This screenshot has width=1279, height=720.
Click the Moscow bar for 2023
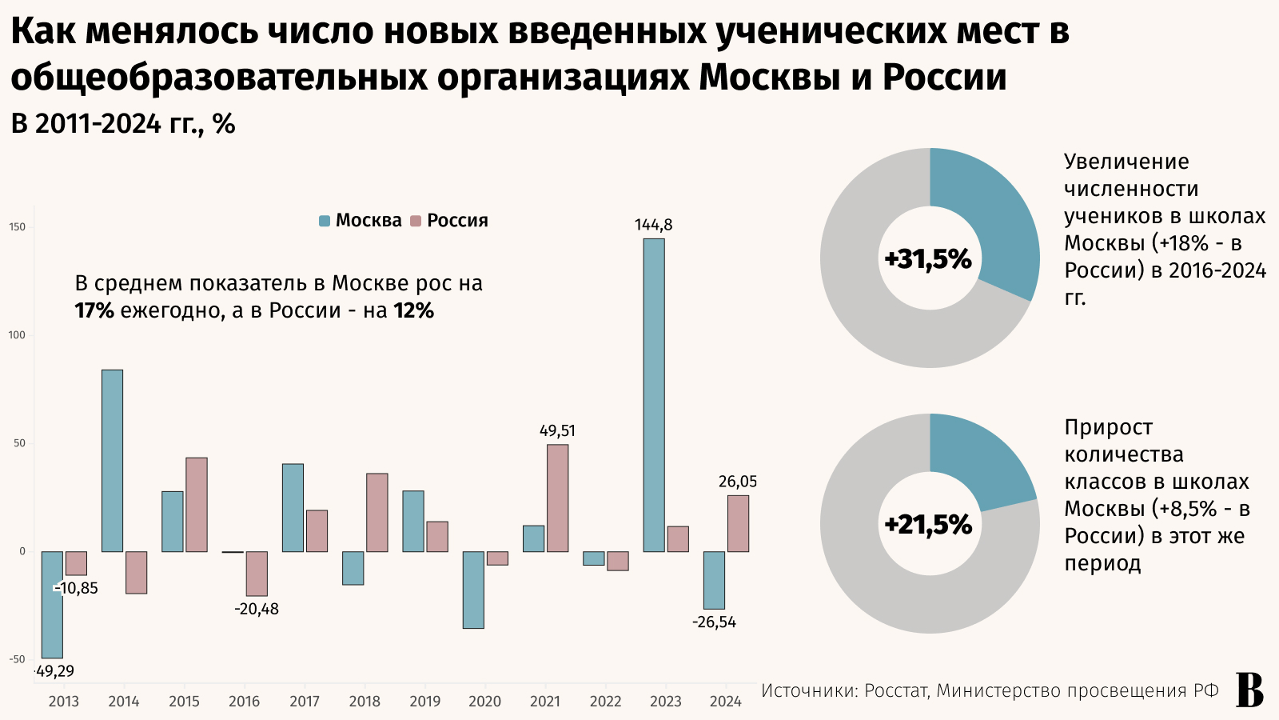654,395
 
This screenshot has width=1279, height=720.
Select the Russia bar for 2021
557,498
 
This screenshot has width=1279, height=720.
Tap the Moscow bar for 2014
113,460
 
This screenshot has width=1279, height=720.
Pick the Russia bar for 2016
257,574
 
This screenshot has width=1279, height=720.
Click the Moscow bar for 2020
473,590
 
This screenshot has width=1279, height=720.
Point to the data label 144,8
653,225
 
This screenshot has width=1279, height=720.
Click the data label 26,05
737,482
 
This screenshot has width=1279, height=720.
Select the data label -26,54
714,622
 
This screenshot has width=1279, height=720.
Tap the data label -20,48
257,609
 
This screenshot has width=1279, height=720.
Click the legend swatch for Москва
325,221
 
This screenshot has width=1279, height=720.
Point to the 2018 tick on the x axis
365,702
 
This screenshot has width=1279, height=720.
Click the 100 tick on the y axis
17,335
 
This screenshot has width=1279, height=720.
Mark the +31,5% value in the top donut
928,259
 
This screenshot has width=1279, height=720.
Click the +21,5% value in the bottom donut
928,525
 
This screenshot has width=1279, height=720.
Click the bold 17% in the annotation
94,311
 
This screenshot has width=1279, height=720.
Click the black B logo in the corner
1249,690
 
